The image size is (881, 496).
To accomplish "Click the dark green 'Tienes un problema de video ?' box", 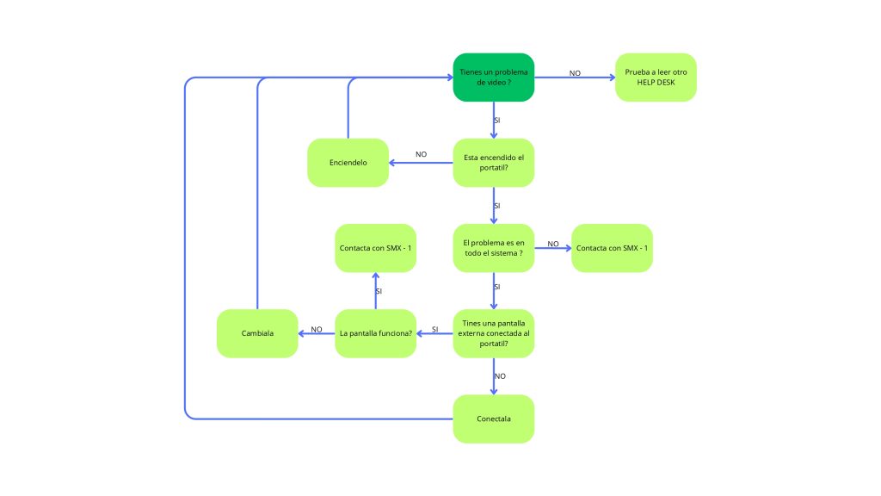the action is point(493,77).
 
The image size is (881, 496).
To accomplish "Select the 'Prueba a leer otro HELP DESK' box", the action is point(656,77).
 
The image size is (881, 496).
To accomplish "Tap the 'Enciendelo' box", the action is point(348,163).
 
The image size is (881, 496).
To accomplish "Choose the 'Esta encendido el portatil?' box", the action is point(493,163).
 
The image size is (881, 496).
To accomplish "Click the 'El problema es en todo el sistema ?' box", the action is point(493,248).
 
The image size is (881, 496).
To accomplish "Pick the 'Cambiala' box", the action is point(257,333).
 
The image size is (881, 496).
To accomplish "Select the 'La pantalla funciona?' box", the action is point(375,333).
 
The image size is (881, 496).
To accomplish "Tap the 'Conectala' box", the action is point(493,419).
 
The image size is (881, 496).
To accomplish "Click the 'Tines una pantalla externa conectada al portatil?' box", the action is point(493,333).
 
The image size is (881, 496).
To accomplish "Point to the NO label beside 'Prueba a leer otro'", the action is point(575,73).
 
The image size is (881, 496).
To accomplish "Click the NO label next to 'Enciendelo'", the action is point(421,154).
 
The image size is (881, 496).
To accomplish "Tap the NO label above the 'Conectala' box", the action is point(500,376).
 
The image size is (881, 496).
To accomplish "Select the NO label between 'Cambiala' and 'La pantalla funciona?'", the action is point(317,330).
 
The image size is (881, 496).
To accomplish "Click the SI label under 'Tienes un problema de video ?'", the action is point(496,121).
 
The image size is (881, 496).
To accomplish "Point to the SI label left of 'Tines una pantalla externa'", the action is point(434,330).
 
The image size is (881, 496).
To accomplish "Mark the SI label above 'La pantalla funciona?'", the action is point(379,291).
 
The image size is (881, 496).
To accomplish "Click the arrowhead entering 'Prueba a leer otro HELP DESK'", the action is point(613,77).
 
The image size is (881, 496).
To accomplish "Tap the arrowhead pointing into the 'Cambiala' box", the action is point(301,333).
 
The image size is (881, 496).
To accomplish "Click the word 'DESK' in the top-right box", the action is point(665,82).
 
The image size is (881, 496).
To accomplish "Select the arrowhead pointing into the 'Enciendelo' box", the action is point(392,163).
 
